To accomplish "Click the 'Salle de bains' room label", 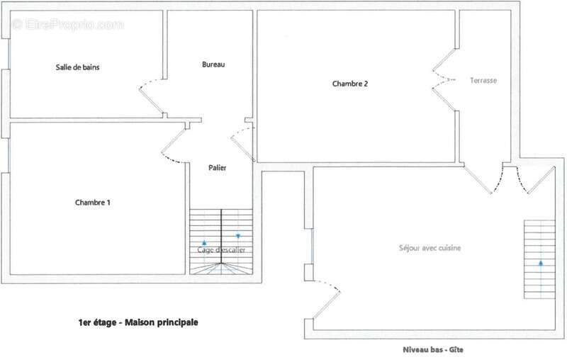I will click(x=78, y=68).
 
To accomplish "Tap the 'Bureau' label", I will click(x=213, y=65).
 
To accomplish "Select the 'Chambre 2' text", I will click(x=350, y=84).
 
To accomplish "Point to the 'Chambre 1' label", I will click(x=93, y=203).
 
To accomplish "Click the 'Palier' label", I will click(x=218, y=168).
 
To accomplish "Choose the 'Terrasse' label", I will click(x=484, y=81).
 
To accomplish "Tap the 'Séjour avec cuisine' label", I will click(x=430, y=248).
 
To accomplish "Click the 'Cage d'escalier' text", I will click(x=220, y=250).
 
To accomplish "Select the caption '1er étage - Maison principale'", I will click(x=138, y=322).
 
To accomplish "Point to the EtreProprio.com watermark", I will click(x=68, y=25).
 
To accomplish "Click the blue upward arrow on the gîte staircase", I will click(x=541, y=263).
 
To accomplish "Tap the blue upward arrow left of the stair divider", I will click(x=205, y=243).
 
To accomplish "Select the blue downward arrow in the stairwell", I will click(x=238, y=236).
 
